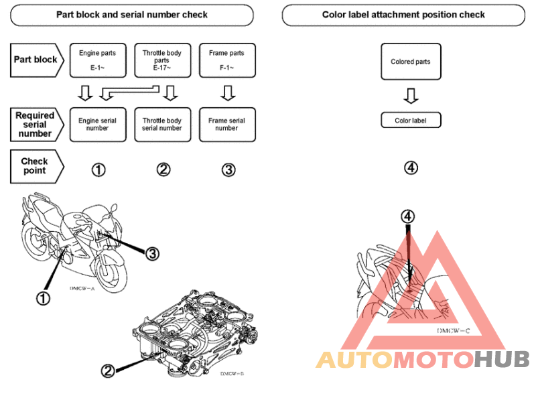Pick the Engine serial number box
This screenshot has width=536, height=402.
coord(97,125)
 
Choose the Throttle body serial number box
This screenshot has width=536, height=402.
coord(162,125)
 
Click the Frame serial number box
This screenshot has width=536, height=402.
coord(226,125)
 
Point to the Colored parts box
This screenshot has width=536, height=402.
coord(411,62)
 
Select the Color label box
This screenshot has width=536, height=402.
coord(411,121)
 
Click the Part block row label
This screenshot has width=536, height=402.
coord(36,60)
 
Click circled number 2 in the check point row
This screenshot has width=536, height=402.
coord(163,170)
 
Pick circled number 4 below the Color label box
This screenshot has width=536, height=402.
coord(411,167)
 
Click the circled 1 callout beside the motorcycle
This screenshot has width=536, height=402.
coord(44,298)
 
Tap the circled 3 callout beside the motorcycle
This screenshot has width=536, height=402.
coord(152,253)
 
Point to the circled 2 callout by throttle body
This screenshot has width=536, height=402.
coord(109,369)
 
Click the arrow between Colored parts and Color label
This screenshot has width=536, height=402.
coord(411,96)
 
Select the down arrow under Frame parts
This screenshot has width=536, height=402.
coord(227,92)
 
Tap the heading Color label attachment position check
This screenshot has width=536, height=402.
coord(403,15)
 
